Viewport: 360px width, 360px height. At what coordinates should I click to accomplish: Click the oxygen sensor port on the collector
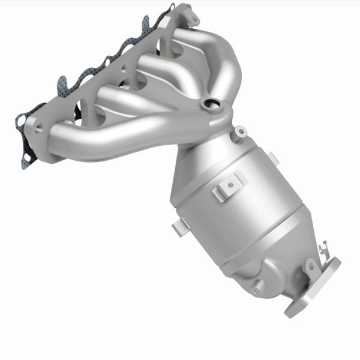(211, 106)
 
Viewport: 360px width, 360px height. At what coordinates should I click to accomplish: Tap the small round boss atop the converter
(240, 130)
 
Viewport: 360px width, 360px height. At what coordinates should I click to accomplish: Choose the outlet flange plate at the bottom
(312, 288)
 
